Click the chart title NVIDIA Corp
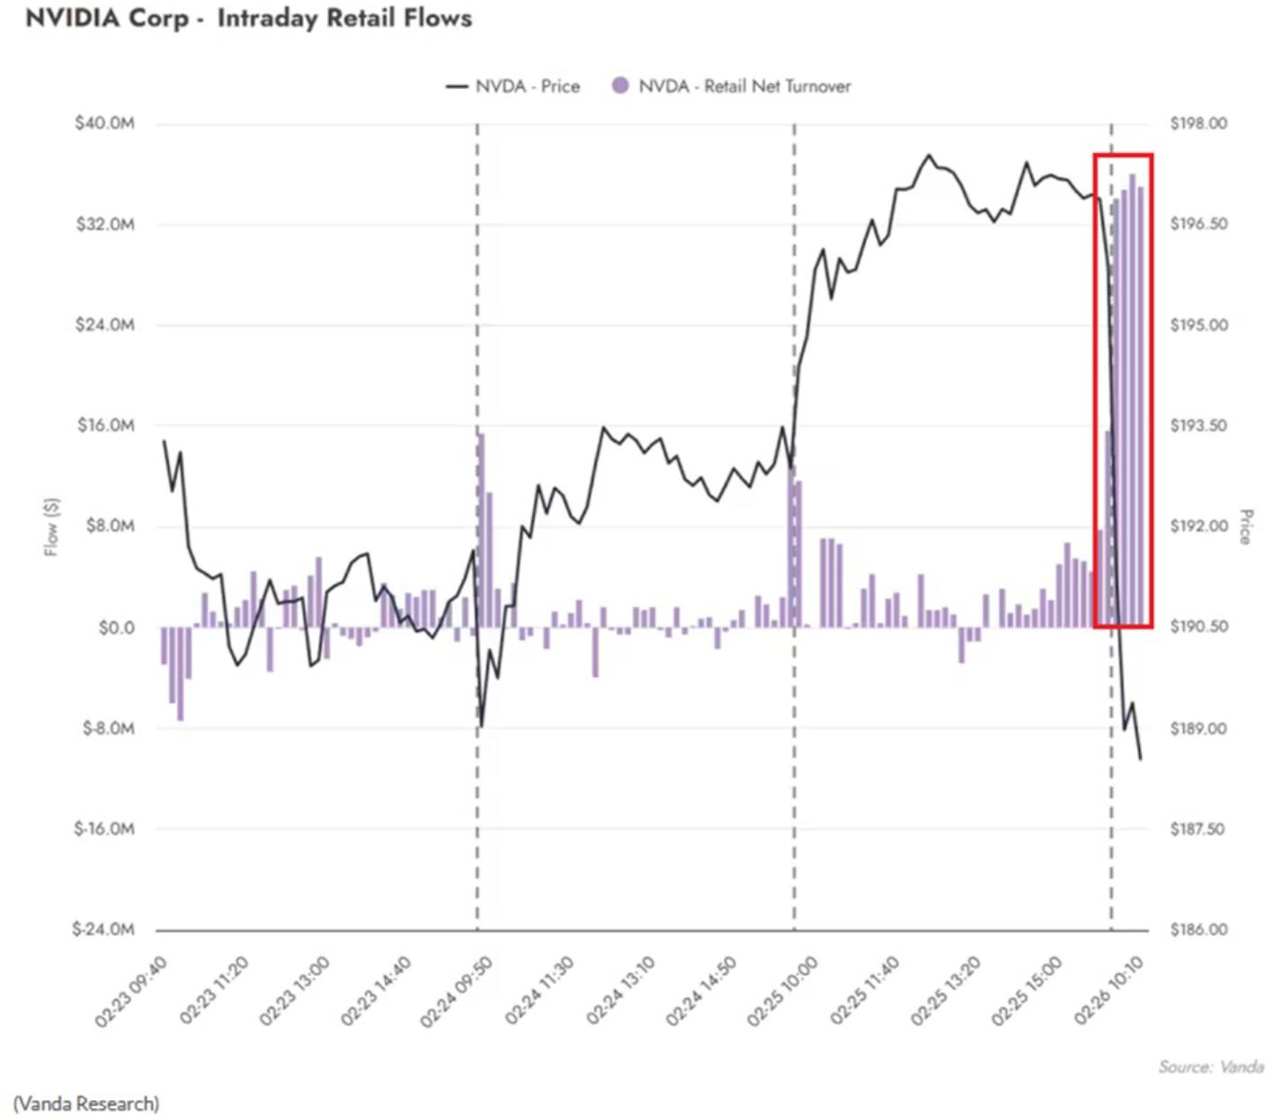pos(106,19)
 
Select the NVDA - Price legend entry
pos(512,85)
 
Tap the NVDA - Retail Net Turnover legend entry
pos(731,85)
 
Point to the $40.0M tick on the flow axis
pos(104,123)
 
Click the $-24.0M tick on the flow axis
pos(103,929)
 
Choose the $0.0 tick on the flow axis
pos(117,628)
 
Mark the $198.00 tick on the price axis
pos(1198,123)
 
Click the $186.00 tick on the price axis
pos(1198,929)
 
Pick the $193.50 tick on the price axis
pos(1198,425)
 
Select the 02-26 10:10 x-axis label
pos(1109,990)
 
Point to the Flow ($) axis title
pos(51,527)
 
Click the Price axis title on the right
pos(1246,526)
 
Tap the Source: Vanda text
pos(1211,1067)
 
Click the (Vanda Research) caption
pos(85,1104)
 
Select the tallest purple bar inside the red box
pos(1132,400)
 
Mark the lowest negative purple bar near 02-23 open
pos(181,674)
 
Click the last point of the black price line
pos(1140,760)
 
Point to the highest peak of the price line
pos(930,155)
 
